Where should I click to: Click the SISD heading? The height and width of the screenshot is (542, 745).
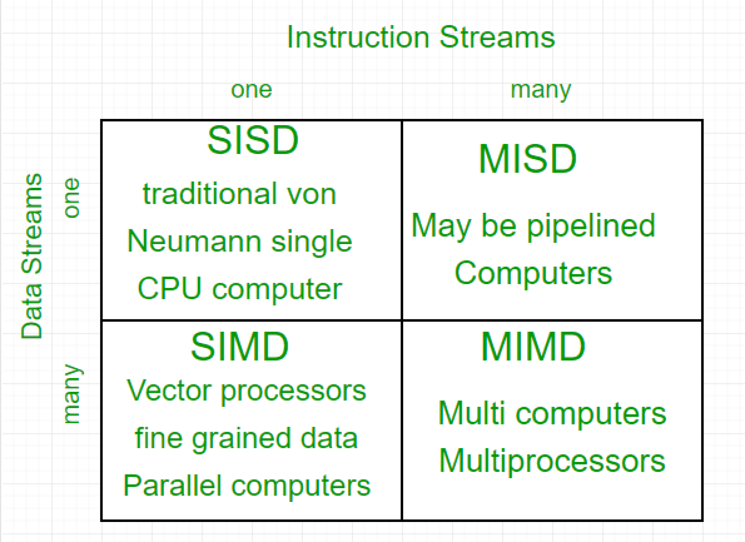[x=253, y=140]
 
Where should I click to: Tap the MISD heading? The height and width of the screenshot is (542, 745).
[x=527, y=159]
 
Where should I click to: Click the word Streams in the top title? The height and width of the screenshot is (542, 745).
[x=497, y=37]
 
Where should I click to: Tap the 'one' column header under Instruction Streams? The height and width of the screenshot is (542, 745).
[x=251, y=90]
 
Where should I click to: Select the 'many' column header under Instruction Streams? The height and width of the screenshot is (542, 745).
[x=541, y=90]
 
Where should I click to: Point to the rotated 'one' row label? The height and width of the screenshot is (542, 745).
[x=71, y=198]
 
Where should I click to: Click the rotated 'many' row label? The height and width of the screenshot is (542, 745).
[x=72, y=394]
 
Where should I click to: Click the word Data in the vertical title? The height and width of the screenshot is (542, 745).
[x=32, y=312]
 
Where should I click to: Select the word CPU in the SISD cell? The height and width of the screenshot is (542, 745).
[x=169, y=288]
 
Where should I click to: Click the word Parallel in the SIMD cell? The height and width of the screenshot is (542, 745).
[x=172, y=486]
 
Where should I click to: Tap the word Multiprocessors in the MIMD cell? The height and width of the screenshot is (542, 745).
[x=552, y=461]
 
